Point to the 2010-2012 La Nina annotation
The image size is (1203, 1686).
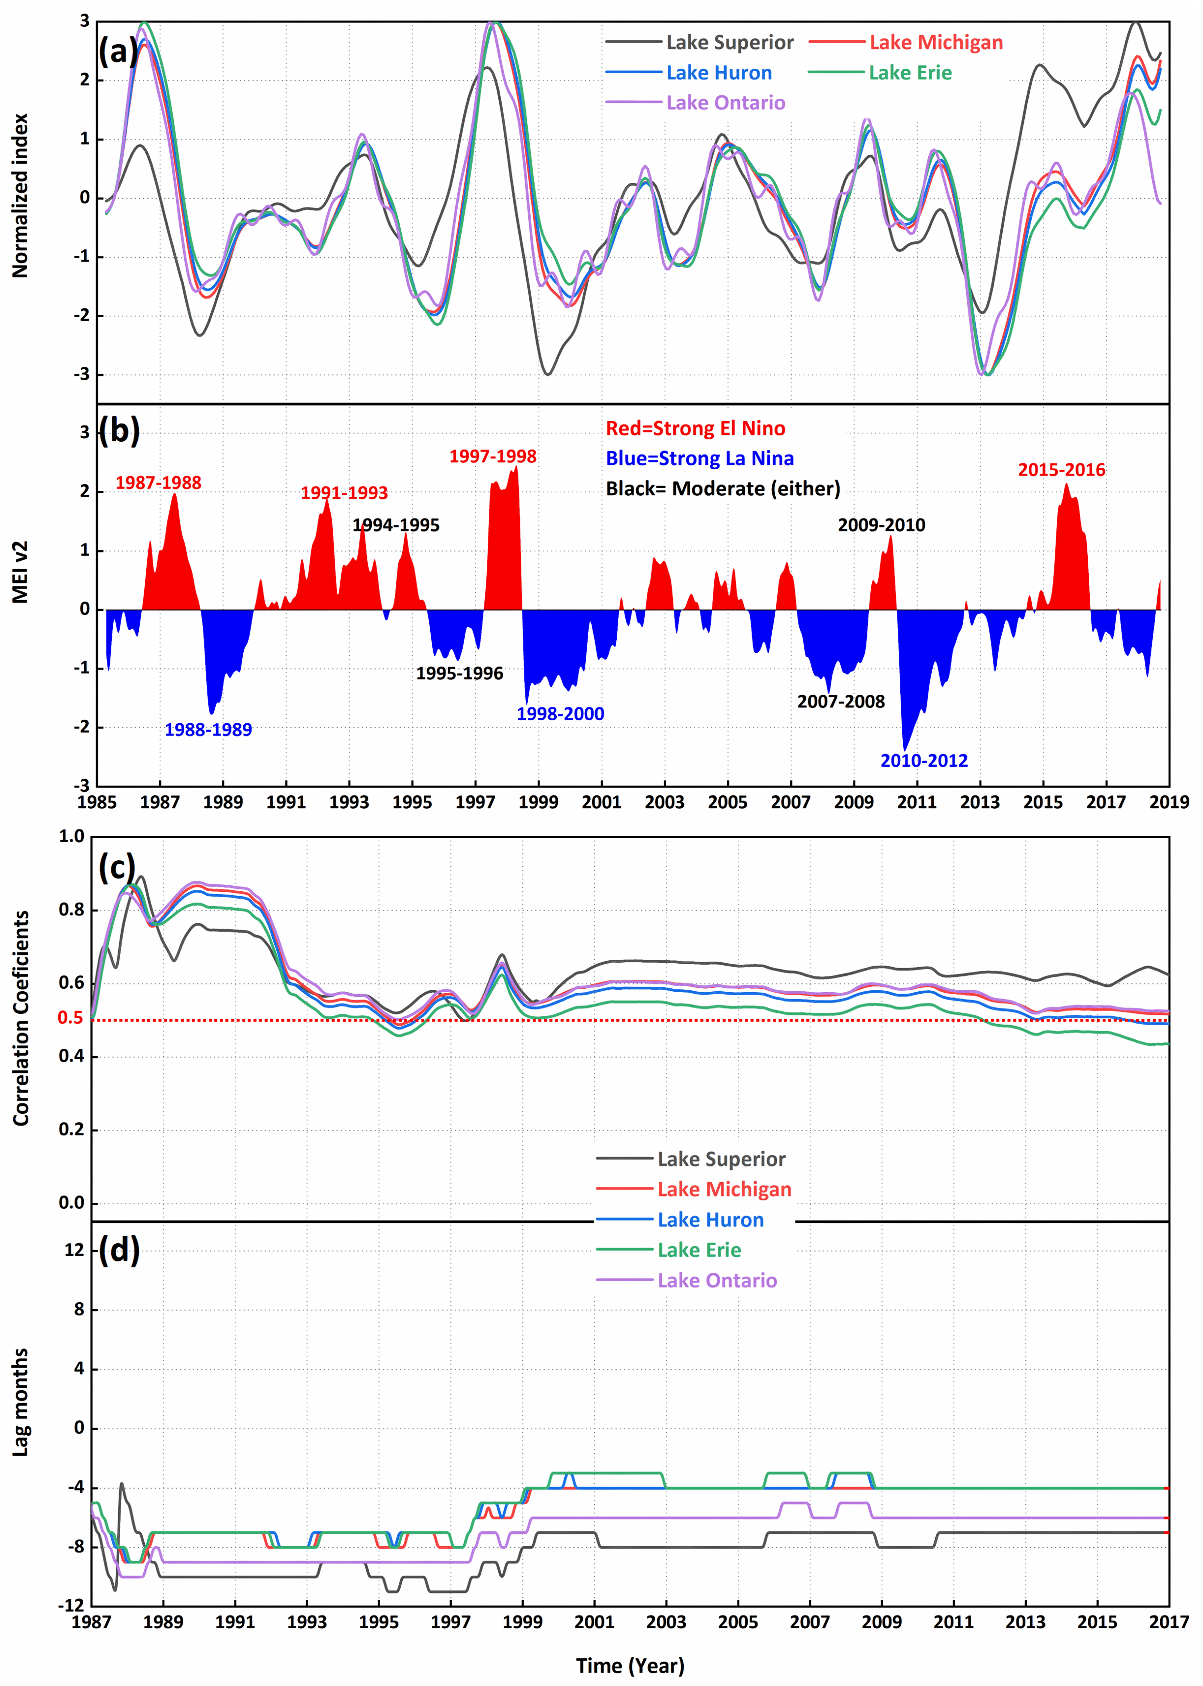[x=924, y=760]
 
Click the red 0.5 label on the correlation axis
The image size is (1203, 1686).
[x=70, y=1018]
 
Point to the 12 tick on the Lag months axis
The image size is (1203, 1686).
[x=74, y=1250]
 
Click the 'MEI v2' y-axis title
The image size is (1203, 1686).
[x=20, y=572]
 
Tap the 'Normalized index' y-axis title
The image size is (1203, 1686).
[x=20, y=196]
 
